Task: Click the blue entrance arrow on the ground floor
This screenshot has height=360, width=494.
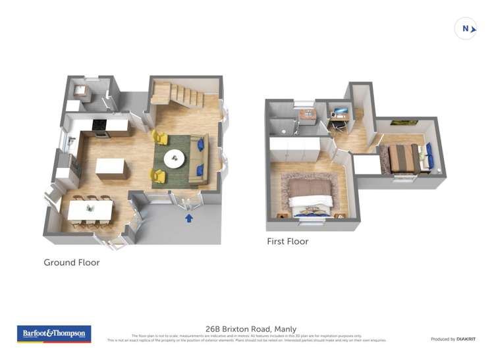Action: coord(189,218)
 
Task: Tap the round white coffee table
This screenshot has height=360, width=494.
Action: coord(175,158)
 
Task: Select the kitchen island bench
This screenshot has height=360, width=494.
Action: coord(111,167)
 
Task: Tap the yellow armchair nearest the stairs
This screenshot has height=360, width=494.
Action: coord(159,137)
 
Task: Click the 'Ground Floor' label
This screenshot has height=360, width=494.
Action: coord(72,263)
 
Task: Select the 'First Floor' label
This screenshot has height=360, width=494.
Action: coord(288,242)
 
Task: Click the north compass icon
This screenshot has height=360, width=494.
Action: coord(466,28)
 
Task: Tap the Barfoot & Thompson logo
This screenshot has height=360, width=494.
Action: coord(53,334)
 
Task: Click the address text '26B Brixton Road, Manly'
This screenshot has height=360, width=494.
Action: coord(251,328)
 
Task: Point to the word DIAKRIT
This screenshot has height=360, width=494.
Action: coord(465,339)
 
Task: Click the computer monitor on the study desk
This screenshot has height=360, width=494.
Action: coord(341,112)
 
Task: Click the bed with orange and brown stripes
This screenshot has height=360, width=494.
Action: coord(403,158)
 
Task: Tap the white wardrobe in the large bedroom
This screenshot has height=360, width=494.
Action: coord(294,148)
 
